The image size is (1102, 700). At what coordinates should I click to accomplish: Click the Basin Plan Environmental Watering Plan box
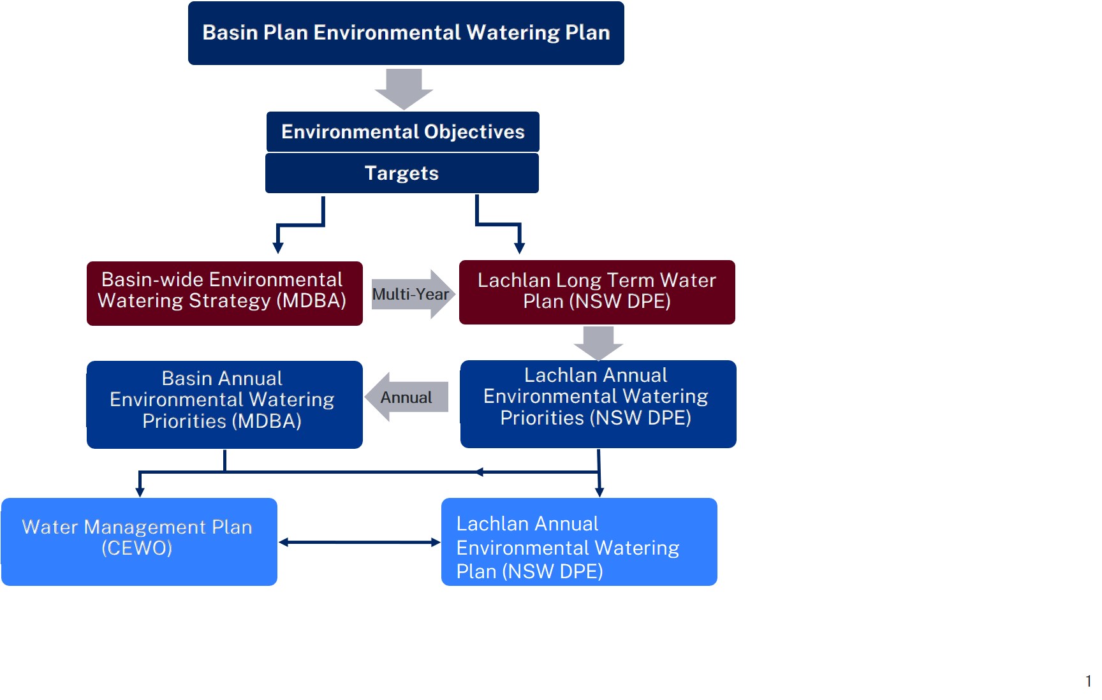click(406, 33)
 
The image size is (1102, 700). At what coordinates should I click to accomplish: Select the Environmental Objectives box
click(403, 132)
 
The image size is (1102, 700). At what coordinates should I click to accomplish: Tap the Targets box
click(402, 173)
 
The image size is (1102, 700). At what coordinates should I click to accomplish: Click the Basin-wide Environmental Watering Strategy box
click(224, 293)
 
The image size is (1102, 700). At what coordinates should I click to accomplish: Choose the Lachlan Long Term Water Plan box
click(597, 292)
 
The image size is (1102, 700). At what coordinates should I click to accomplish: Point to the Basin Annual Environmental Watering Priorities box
click(224, 405)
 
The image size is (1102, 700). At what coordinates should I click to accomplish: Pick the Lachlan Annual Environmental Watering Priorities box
click(598, 404)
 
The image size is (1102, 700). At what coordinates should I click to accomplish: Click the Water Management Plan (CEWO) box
click(139, 542)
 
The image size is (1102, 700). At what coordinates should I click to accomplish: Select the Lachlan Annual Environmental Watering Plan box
click(579, 542)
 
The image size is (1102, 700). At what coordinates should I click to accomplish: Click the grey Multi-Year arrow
click(413, 294)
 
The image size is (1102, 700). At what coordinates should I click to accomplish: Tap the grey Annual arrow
click(406, 397)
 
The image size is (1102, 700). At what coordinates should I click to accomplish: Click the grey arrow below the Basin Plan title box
click(404, 89)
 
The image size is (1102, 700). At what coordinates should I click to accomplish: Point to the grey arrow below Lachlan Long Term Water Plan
click(598, 343)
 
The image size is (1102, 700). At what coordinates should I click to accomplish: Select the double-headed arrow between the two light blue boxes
click(360, 543)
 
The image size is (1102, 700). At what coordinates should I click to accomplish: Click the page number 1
click(1088, 681)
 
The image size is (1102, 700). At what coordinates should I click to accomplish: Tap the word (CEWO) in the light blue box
click(137, 548)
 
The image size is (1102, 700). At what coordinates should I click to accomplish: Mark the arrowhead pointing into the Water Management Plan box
click(140, 492)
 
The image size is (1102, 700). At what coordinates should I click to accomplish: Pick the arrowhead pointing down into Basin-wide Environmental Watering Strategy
click(278, 248)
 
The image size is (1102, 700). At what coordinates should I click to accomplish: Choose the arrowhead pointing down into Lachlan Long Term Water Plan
click(520, 248)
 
